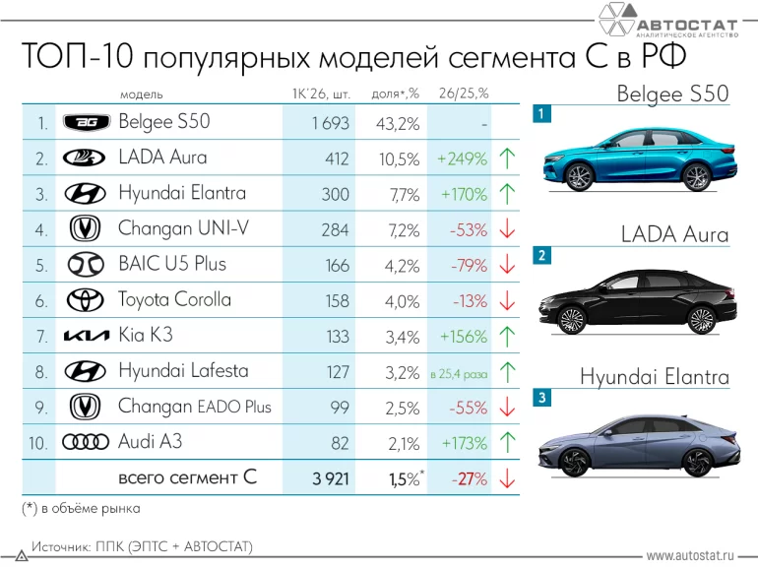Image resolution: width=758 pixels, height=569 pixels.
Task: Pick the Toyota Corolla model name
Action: [x=174, y=299]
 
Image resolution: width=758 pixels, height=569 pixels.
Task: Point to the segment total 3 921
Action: [x=330, y=479]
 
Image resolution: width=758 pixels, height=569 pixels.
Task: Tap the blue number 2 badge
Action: [x=540, y=256]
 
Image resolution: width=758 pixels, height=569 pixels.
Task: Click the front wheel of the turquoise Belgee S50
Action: [x=579, y=175]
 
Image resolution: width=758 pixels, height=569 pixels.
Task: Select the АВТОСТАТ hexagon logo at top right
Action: [x=616, y=20]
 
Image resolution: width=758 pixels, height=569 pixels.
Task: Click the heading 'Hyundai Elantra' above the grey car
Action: [x=654, y=377]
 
